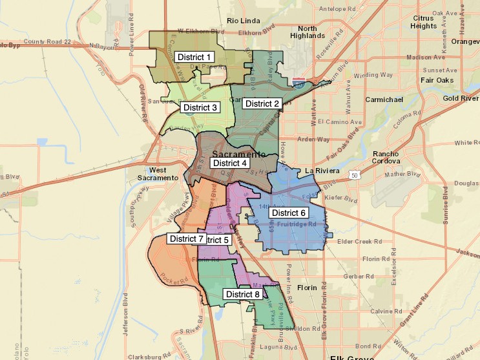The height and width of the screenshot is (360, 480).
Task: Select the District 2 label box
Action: point(262,103)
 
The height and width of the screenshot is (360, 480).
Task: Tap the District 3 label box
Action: point(200,107)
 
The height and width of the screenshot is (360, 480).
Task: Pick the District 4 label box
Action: point(229,164)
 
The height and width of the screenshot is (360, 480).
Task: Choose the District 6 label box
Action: point(288,213)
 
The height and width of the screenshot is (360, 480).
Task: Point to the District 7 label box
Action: point(186,238)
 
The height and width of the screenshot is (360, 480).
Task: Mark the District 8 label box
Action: point(242,294)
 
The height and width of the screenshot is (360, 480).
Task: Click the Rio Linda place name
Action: point(242,21)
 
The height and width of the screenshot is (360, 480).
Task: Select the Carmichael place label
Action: point(384,100)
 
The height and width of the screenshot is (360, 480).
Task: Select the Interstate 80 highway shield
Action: point(298,83)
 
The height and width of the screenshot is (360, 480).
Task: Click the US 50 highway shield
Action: point(354,175)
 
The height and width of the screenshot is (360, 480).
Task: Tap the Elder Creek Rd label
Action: point(355,242)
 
